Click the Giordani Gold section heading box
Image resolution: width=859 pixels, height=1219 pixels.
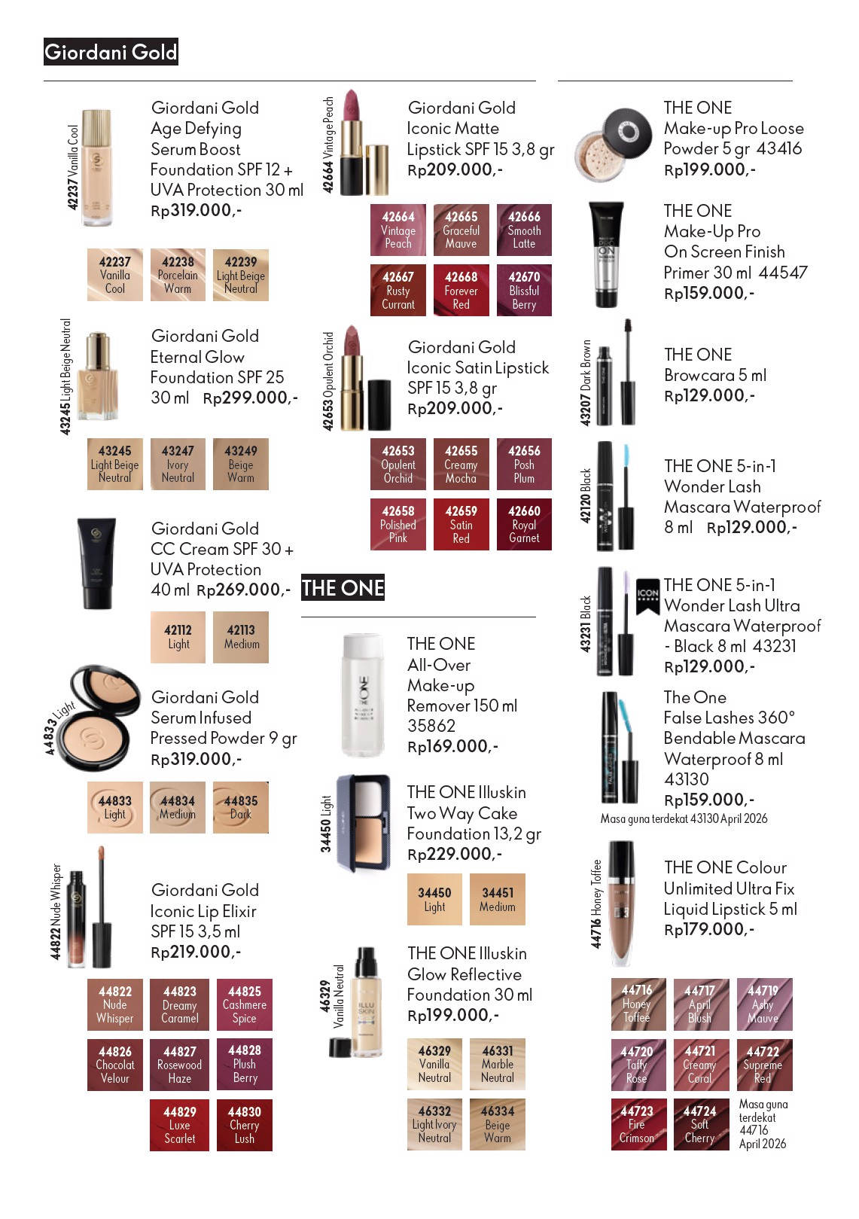[x=111, y=52]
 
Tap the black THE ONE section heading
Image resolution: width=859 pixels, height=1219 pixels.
[x=343, y=588]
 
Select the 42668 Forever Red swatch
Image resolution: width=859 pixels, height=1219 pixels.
[x=461, y=290]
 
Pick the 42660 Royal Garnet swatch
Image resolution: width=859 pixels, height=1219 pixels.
[x=524, y=524]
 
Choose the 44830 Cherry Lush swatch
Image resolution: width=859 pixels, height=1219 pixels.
[x=244, y=1125]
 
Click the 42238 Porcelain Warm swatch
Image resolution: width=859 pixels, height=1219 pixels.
[x=178, y=275]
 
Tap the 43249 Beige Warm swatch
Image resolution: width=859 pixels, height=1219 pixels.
[x=240, y=465]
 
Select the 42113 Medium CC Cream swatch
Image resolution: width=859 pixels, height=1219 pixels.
[x=240, y=637]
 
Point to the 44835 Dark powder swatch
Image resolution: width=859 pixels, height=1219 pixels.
[x=240, y=808]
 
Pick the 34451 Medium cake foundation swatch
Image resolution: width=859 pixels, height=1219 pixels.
[x=497, y=900]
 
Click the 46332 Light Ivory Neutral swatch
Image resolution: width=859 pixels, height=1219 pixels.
[x=434, y=1124]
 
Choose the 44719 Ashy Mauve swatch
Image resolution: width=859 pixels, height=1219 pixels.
[x=764, y=1004]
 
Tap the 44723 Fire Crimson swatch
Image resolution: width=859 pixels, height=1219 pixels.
[x=638, y=1124]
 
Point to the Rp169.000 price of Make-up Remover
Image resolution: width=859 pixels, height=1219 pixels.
[x=452, y=746]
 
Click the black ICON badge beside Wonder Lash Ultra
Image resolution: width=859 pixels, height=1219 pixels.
[x=647, y=596]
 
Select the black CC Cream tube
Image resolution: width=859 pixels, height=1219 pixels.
[x=96, y=562]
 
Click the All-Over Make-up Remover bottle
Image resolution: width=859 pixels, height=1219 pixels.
[x=362, y=695]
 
